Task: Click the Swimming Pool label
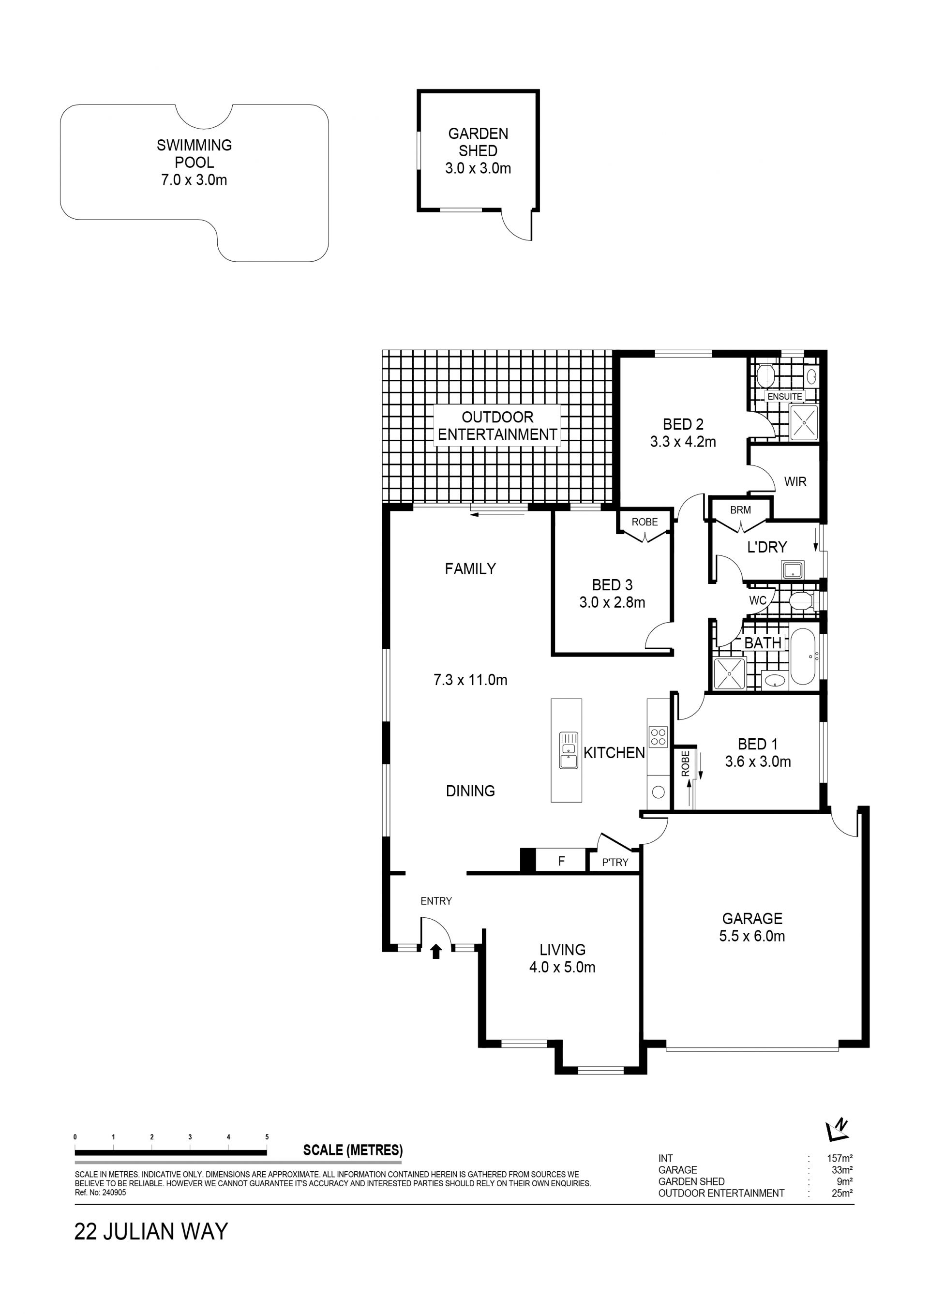tap(194, 162)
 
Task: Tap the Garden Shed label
tap(478, 150)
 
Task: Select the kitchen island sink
tap(569, 750)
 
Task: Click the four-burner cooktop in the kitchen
tap(658, 736)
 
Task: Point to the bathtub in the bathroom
tap(803, 657)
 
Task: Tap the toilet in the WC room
tap(801, 601)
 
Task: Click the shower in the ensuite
tap(804, 422)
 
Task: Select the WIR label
tap(795, 482)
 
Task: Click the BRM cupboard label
tap(741, 510)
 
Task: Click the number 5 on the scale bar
tap(267, 1137)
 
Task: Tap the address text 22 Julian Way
tap(151, 1232)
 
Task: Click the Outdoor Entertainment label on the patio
tap(497, 426)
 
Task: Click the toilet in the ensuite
tap(766, 376)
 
